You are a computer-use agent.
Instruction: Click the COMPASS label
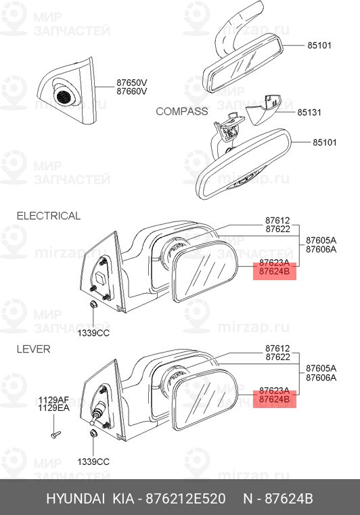(181, 112)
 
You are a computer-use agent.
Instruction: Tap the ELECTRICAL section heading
(49, 216)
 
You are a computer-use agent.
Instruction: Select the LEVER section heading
(34, 349)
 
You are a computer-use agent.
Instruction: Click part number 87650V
(132, 82)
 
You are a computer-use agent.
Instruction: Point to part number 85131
(309, 112)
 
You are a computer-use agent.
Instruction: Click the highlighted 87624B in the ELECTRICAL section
(275, 271)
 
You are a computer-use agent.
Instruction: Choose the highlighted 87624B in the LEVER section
(275, 399)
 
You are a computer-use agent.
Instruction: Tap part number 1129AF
(54, 400)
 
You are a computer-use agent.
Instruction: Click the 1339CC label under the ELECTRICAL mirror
(93, 333)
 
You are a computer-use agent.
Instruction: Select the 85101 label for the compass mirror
(325, 142)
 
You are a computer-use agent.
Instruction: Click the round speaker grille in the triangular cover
(64, 97)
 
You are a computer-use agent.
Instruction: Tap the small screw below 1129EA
(55, 434)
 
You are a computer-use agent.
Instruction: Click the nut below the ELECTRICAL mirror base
(93, 305)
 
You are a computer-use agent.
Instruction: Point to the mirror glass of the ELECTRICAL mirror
(204, 271)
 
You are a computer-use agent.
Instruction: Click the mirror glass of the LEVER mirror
(204, 399)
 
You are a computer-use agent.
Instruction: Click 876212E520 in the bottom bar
(185, 499)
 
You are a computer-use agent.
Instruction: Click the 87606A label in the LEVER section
(321, 378)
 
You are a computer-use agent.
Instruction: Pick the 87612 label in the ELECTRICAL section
(277, 221)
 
